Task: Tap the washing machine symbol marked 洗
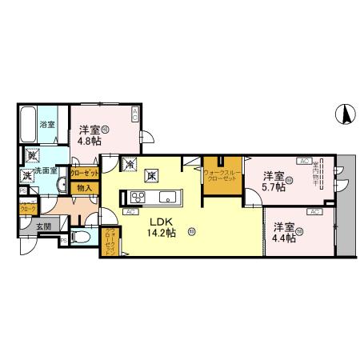26,174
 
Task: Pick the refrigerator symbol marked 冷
130,165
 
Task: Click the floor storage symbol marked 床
150,176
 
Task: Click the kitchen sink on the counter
168,198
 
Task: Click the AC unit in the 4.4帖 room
314,212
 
